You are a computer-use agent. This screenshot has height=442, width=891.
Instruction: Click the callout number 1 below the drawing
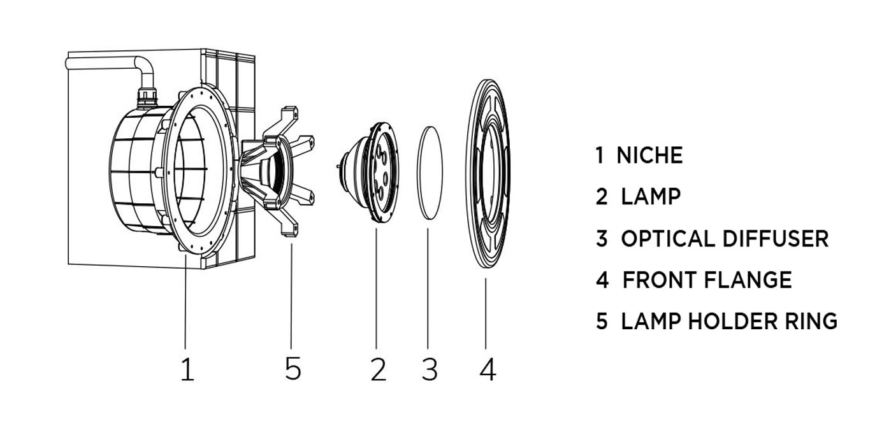tap(187, 369)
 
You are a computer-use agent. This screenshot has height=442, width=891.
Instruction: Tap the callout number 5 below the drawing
tap(293, 368)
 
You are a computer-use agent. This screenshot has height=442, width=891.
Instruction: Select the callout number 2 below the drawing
tap(378, 369)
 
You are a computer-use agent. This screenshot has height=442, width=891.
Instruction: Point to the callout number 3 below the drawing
tap(430, 369)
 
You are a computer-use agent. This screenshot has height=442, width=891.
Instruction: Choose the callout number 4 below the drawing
tap(488, 369)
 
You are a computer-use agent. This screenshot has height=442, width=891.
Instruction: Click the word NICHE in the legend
tap(649, 155)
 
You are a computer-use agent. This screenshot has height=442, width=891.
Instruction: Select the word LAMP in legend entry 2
tap(651, 196)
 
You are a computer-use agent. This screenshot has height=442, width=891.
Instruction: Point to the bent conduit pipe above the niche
tap(108, 62)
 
